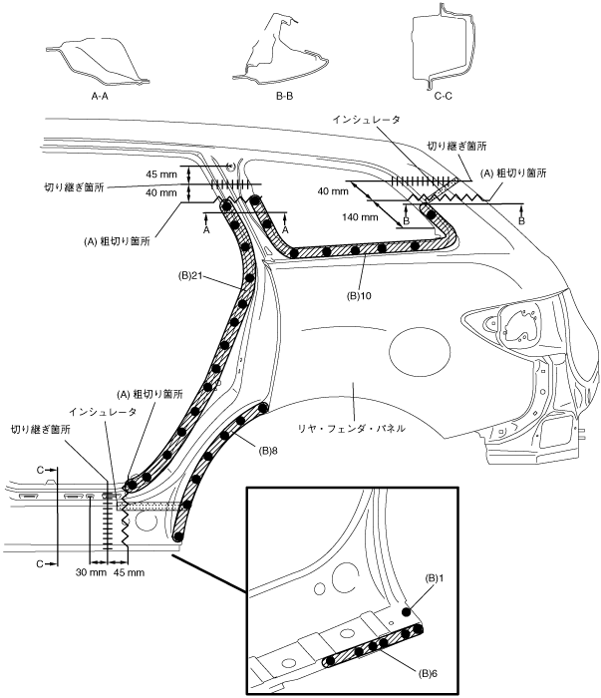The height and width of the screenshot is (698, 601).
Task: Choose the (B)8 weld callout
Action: point(266,451)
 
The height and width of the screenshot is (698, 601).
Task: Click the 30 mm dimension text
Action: point(91,572)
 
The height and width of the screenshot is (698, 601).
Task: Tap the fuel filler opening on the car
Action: point(515,325)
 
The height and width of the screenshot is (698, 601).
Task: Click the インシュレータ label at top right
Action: point(367,119)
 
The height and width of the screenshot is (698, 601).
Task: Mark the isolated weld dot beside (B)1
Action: point(407,611)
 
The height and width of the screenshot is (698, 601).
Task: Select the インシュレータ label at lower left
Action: point(98,410)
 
